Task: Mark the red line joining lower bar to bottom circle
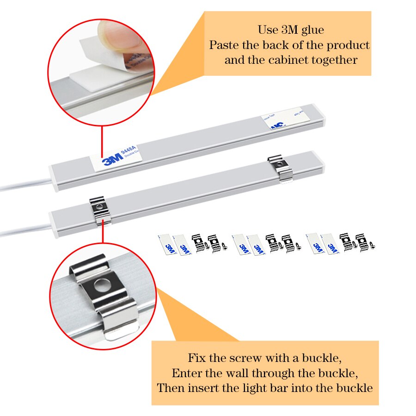102,236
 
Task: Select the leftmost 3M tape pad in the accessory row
169,243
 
